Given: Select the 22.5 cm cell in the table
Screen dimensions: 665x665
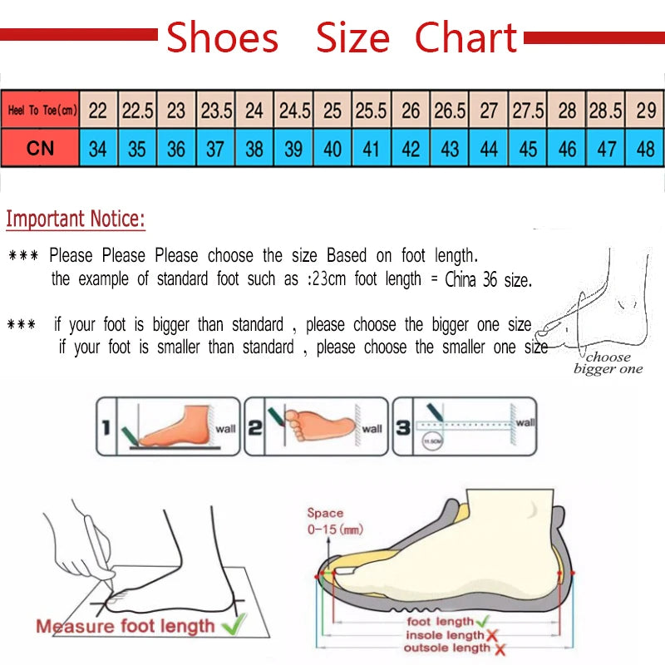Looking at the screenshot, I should (x=137, y=110).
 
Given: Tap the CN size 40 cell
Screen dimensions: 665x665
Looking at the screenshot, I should (x=332, y=150).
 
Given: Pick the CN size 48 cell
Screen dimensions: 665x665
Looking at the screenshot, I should (x=645, y=150).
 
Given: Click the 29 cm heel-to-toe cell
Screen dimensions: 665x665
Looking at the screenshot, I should (x=645, y=110).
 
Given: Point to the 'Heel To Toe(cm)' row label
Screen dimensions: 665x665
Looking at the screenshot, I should (x=41, y=110).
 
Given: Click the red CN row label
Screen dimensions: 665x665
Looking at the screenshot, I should (x=41, y=150).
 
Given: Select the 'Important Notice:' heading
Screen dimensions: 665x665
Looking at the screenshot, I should (x=76, y=219).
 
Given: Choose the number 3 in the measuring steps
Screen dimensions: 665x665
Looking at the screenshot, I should (x=401, y=428).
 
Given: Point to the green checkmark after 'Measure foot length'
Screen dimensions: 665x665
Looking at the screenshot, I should (x=235, y=624).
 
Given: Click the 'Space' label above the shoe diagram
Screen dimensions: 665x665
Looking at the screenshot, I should (x=325, y=513).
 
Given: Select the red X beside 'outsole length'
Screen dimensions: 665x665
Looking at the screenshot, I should (x=500, y=648).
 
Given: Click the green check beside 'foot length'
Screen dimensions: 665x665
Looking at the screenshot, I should (x=482, y=621).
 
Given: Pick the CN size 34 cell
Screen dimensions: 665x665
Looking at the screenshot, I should (x=98, y=150).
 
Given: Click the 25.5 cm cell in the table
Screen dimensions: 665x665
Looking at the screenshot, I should (x=372, y=110).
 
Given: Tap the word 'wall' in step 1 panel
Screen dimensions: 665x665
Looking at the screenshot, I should (x=224, y=429).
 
